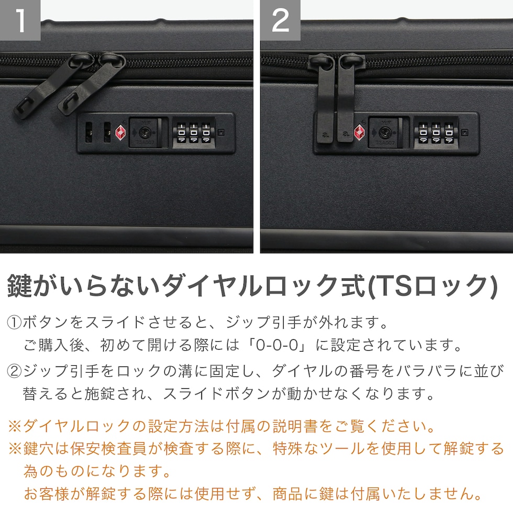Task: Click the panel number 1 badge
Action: click(x=20, y=20)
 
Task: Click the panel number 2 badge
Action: click(x=281, y=20)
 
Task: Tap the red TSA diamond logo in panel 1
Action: click(x=120, y=133)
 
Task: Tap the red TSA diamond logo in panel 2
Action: click(x=360, y=133)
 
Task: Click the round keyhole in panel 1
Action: click(x=144, y=132)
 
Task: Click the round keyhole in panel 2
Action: click(x=384, y=133)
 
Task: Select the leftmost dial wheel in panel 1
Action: click(x=182, y=133)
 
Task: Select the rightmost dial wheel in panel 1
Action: click(x=206, y=133)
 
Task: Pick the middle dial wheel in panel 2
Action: click(x=436, y=133)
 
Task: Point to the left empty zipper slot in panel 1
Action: click(x=88, y=132)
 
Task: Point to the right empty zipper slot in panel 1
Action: click(x=107, y=132)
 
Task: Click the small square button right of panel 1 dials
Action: click(x=221, y=132)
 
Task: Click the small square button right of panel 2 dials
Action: click(x=464, y=133)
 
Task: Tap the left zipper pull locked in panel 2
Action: click(x=326, y=98)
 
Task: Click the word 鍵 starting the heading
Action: click(x=20, y=286)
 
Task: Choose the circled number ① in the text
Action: click(x=15, y=322)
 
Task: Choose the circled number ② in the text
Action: click(x=15, y=371)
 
